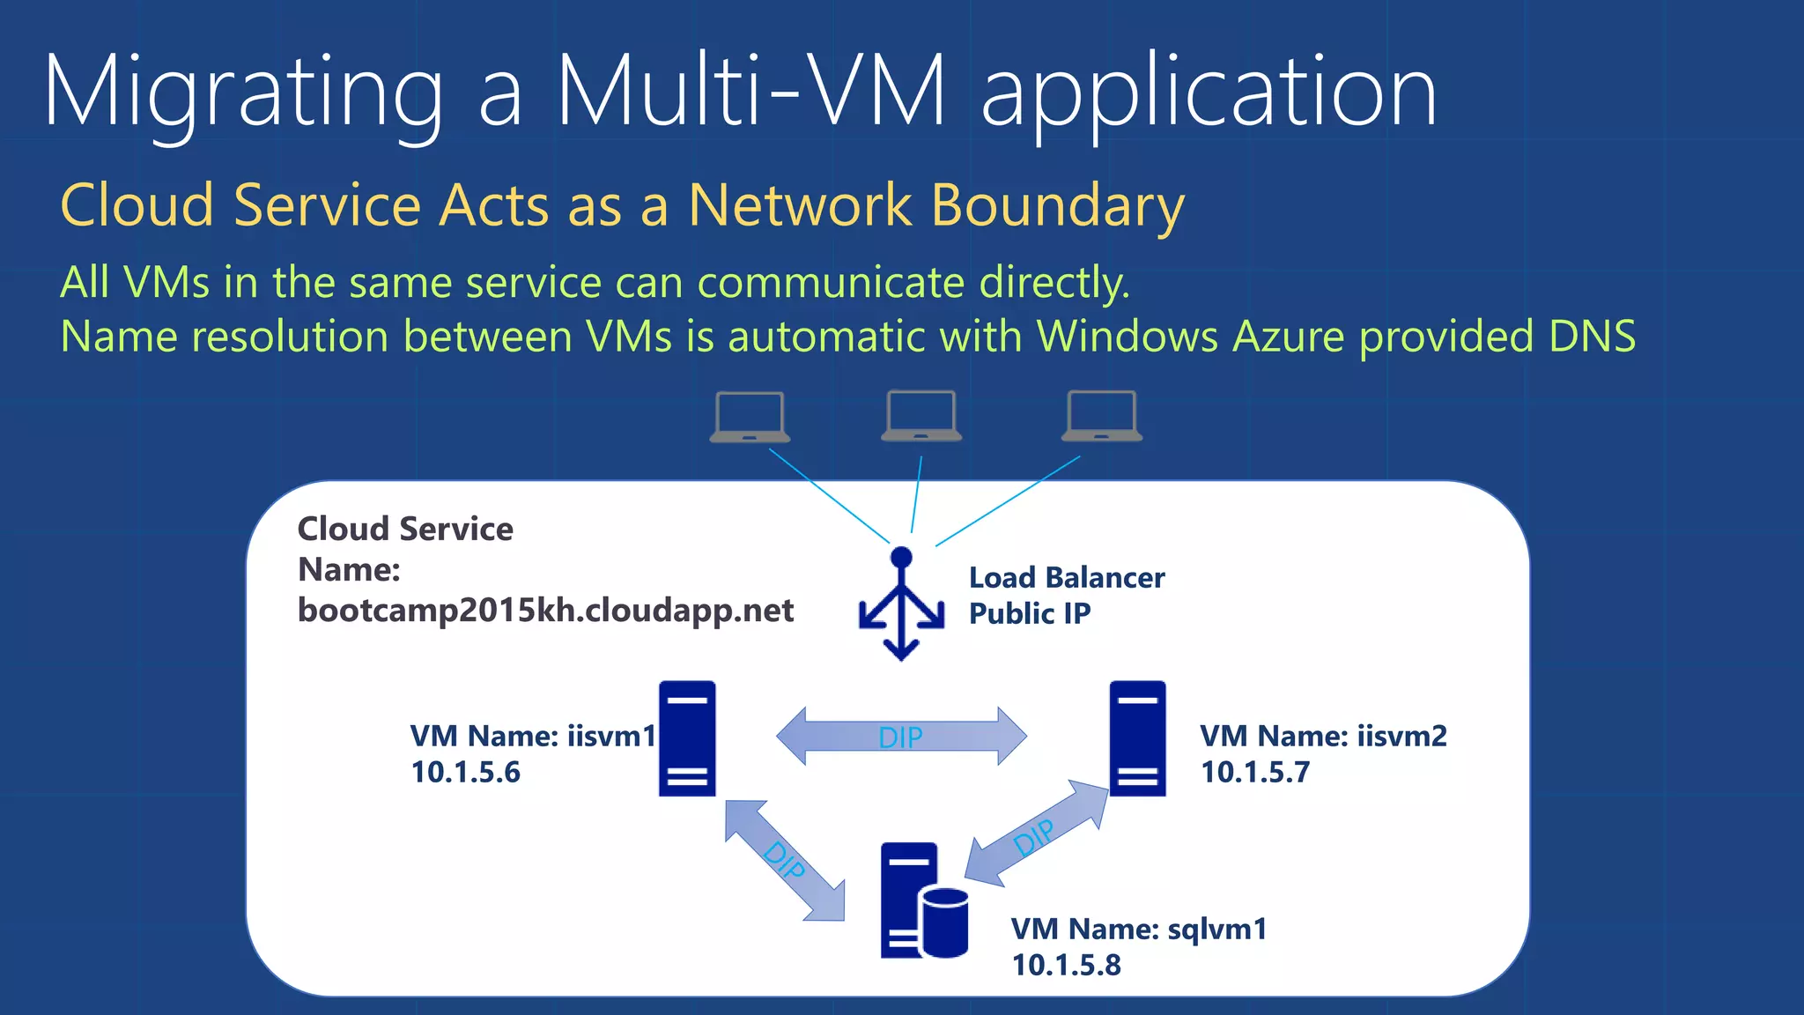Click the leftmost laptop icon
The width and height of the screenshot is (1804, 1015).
(750, 416)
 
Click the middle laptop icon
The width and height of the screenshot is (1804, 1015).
(921, 415)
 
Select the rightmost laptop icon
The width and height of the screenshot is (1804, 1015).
(1101, 415)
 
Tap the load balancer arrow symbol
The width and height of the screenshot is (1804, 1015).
(901, 605)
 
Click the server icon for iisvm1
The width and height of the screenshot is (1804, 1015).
(687, 738)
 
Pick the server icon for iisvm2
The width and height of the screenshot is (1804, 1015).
(1137, 738)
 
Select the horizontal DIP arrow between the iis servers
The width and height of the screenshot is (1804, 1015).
(900, 736)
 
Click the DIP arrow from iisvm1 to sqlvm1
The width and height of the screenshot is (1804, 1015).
(784, 860)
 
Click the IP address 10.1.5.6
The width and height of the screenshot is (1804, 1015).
(465, 773)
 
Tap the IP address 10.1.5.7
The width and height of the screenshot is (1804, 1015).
(1255, 773)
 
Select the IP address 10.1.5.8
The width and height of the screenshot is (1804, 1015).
(1066, 966)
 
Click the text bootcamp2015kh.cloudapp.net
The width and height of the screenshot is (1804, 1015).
(545, 611)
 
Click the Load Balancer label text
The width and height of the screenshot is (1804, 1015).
(1066, 578)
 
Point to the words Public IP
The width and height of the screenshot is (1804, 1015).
(1029, 614)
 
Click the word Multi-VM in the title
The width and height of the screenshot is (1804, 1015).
(750, 91)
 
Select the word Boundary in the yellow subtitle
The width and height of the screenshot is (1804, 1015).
(1057, 206)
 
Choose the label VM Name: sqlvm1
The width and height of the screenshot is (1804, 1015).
(1138, 929)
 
